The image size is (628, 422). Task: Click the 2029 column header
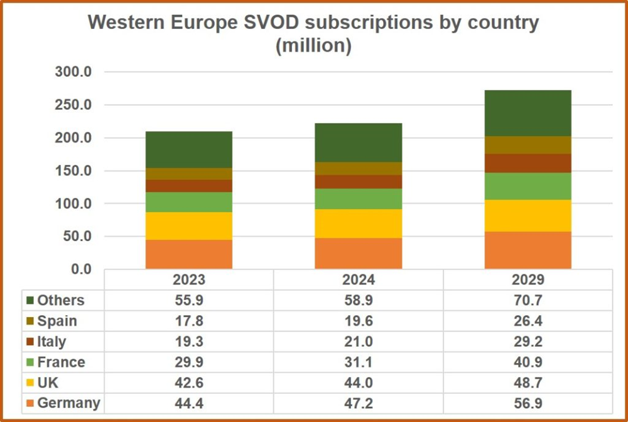tap(528, 279)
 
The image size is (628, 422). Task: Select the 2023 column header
tap(188, 279)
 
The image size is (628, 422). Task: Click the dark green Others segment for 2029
tap(528, 113)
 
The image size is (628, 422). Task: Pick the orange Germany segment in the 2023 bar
tap(188, 254)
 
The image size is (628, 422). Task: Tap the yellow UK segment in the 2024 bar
tap(358, 223)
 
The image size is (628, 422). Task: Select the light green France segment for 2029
tap(528, 186)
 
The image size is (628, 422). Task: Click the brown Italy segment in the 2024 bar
tap(358, 181)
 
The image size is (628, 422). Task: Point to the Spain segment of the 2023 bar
tap(188, 174)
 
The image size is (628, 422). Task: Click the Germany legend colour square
tap(30, 403)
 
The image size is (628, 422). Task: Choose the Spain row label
tap(57, 321)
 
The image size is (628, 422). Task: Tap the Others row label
tap(60, 300)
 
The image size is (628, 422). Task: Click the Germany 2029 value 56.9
tap(528, 403)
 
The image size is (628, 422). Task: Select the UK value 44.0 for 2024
tap(358, 382)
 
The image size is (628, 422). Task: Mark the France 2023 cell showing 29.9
tap(188, 362)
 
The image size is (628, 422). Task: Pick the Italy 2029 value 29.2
tap(528, 342)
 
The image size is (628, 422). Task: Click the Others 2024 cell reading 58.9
tap(358, 300)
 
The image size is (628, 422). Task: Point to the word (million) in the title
tap(313, 46)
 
